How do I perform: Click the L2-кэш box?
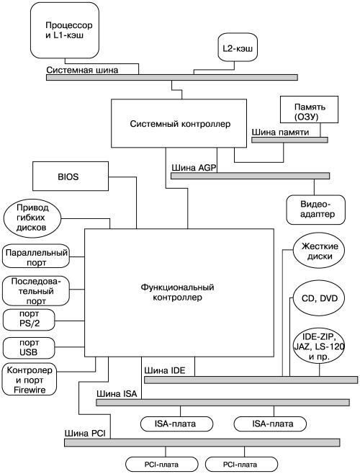point(238,47)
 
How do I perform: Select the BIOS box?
point(71,176)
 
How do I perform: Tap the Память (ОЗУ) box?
point(309,109)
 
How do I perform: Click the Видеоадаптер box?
point(315,210)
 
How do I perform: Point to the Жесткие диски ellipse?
point(318,250)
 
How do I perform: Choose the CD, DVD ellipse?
point(319,298)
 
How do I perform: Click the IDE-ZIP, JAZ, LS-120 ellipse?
point(319,346)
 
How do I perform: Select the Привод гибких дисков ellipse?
point(32,218)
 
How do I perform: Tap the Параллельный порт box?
point(36,256)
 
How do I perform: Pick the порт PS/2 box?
point(29,319)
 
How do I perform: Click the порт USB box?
point(29,348)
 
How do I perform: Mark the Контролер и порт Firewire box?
point(30,380)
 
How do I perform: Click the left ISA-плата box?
point(177,424)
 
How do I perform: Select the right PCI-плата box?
point(241,465)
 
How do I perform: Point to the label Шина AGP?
point(194,168)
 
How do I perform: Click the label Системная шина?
point(82,70)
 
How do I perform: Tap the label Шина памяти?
point(281,132)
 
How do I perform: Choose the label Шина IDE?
point(165,370)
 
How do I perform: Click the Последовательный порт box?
point(36,291)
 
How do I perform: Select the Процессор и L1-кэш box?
point(65,30)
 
